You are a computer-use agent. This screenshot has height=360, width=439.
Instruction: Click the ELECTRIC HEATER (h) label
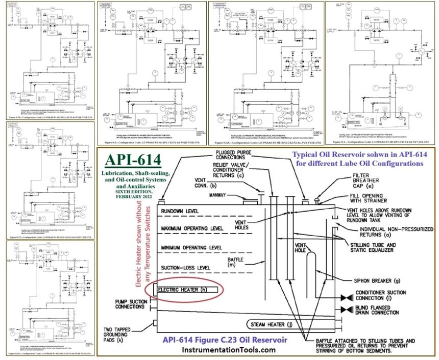[187, 290]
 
